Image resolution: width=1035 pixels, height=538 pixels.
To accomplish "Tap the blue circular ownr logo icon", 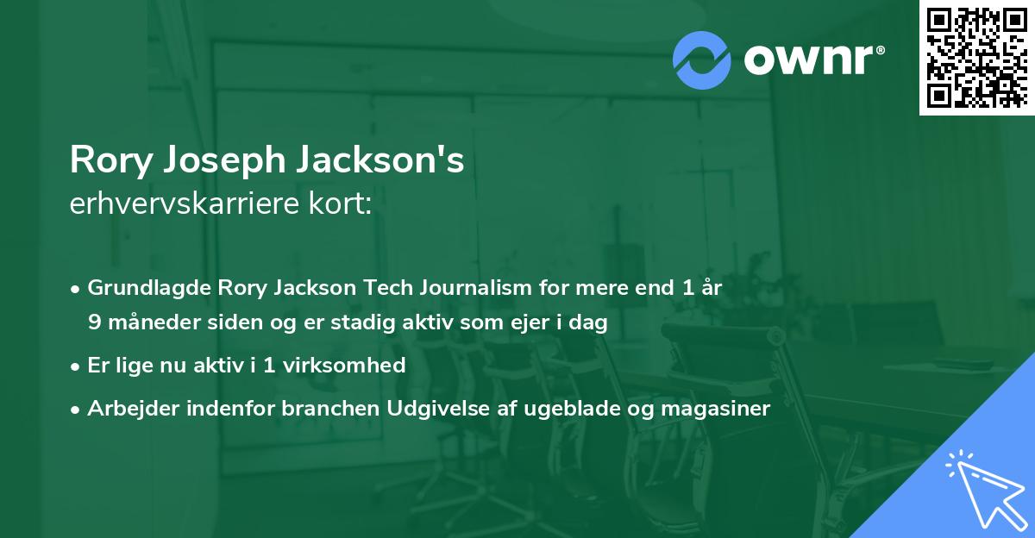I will point(702,58).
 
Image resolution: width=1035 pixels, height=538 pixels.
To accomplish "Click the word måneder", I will point(144,322).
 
